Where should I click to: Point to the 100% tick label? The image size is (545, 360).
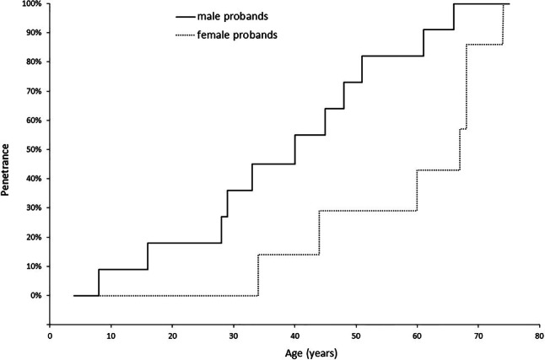(x=31, y=4)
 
